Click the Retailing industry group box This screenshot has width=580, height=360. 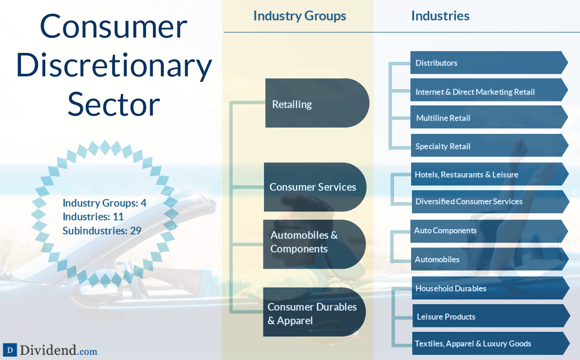tap(316, 103)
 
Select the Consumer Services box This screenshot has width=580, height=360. tap(315, 187)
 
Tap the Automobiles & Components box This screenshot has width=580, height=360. tap(314, 244)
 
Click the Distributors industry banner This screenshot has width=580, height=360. tap(488, 63)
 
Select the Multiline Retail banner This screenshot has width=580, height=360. tap(488, 117)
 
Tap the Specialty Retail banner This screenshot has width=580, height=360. tap(488, 146)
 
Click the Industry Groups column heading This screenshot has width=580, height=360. tap(299, 16)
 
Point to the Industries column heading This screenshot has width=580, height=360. tap(440, 16)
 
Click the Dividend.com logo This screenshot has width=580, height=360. tap(50, 351)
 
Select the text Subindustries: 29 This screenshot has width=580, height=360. tap(102, 231)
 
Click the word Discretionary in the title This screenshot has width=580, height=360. tap(114, 66)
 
